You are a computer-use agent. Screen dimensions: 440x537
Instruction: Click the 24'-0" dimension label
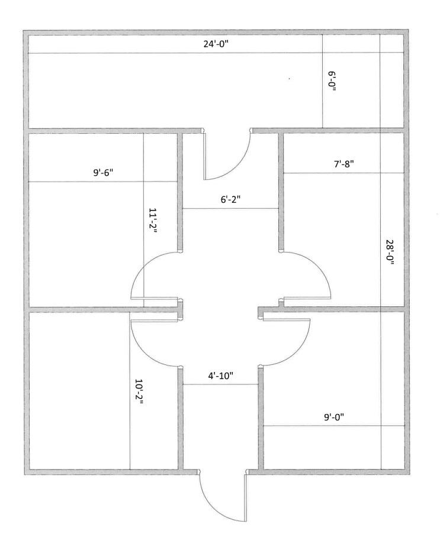click(x=216, y=44)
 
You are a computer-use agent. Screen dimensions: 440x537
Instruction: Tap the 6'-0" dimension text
click(x=332, y=81)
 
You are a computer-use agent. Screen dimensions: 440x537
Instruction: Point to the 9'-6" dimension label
click(x=103, y=172)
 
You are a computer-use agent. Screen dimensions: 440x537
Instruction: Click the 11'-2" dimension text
click(x=153, y=220)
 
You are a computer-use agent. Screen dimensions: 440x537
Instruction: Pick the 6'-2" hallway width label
click(x=230, y=199)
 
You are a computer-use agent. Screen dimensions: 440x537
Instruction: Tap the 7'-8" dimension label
click(x=343, y=164)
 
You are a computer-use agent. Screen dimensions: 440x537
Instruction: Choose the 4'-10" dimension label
click(x=220, y=376)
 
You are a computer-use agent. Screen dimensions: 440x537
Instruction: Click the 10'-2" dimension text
click(x=139, y=391)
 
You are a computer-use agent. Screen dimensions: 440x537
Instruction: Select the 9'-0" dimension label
click(x=333, y=417)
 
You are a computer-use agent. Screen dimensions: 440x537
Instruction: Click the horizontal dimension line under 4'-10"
click(x=220, y=384)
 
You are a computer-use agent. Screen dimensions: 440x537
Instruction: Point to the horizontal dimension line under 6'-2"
click(x=230, y=208)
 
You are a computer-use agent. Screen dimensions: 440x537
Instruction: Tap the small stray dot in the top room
click(x=290, y=79)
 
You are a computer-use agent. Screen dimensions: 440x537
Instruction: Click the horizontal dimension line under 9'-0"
click(x=333, y=426)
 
